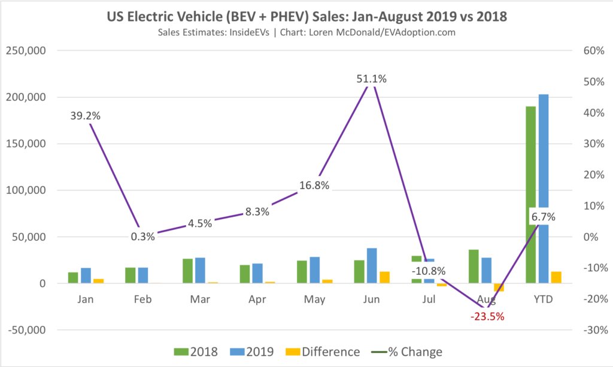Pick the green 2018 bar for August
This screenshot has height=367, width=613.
click(x=474, y=266)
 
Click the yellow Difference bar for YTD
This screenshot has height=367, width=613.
click(x=557, y=277)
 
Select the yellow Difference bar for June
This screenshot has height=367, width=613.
click(x=385, y=277)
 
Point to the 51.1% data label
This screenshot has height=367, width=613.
click(x=372, y=78)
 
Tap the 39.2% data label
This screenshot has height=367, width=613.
click(x=85, y=116)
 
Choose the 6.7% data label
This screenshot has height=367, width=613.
click(x=543, y=217)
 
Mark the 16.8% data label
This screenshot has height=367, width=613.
click(x=314, y=185)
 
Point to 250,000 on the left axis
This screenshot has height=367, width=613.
click(x=25, y=51)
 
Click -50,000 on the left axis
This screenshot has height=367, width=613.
click(x=25, y=330)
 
